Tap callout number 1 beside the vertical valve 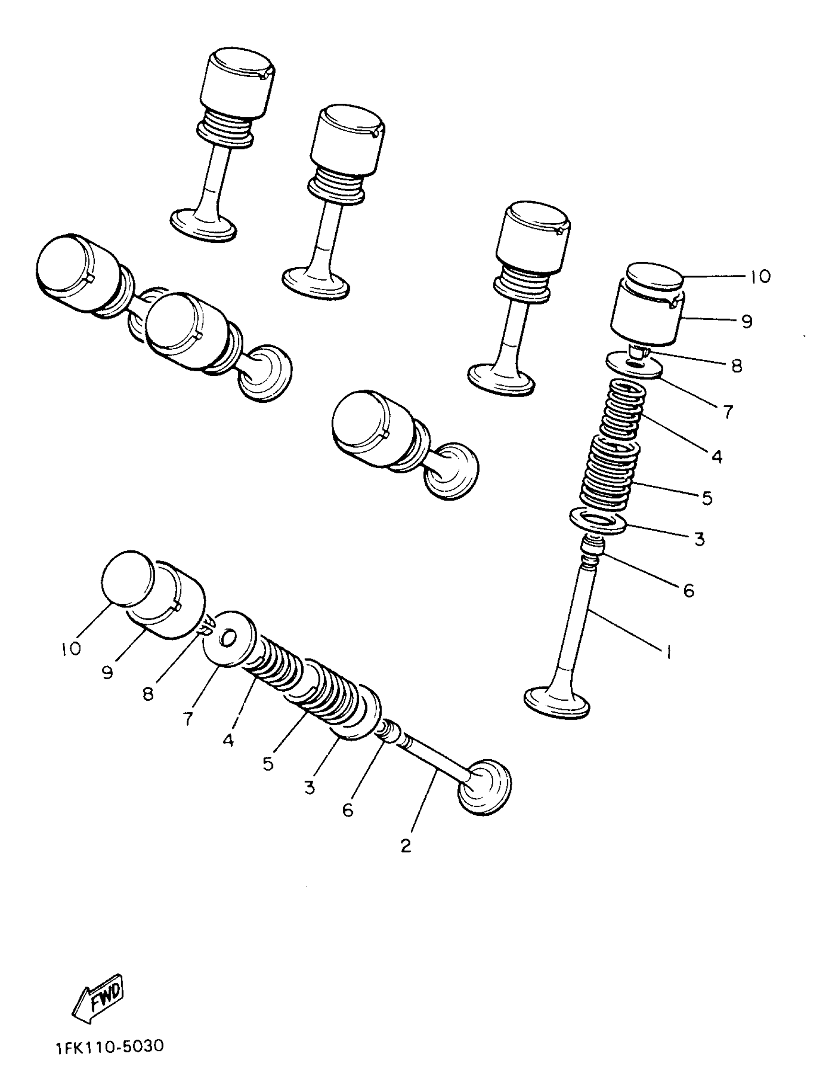tap(668, 653)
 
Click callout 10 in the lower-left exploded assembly tap(71, 649)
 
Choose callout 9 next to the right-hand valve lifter tap(746, 321)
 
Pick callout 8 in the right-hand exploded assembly tap(736, 366)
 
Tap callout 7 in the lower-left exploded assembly tap(188, 718)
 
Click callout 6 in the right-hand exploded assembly tap(689, 590)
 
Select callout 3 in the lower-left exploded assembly tap(310, 787)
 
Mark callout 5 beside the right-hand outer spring tap(707, 498)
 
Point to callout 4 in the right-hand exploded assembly tap(717, 456)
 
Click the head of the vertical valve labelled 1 tap(557, 701)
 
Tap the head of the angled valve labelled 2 tap(485, 787)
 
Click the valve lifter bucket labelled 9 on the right tap(647, 320)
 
